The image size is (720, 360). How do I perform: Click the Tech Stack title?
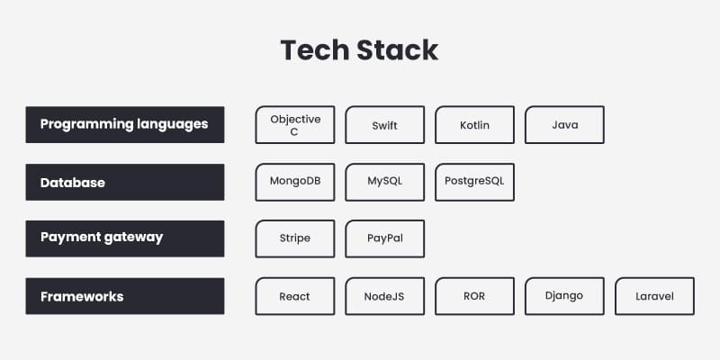359,49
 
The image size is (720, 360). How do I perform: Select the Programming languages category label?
125,124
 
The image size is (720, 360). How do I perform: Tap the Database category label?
125,182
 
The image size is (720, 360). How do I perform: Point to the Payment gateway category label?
125,238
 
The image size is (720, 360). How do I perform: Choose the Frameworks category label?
125,296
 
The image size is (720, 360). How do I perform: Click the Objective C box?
295,125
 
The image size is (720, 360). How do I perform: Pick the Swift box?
384,125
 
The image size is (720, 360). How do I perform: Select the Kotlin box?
474,125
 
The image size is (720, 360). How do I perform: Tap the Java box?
564,125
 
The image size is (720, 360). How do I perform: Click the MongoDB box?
295,182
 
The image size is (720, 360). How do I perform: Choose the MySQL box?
384,182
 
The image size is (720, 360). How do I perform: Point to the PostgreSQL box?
474,182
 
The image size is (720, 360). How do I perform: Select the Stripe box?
295,238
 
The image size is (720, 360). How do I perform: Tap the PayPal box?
384,238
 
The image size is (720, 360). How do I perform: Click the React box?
295,296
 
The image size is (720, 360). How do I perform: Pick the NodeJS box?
384,296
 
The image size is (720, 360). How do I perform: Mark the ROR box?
474,296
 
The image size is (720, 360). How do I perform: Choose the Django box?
564,296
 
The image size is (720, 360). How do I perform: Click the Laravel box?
654,296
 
